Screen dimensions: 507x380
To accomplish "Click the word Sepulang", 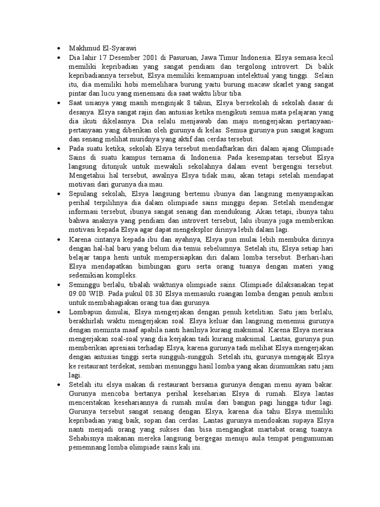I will (x=85, y=193).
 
